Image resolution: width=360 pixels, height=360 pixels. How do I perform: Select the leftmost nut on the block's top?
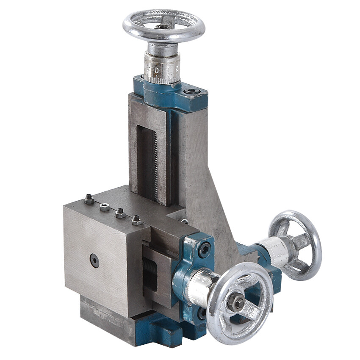(89, 199)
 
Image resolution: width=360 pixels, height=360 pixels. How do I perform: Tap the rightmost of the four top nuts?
(136, 219)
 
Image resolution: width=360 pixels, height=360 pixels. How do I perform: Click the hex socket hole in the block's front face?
(94, 260)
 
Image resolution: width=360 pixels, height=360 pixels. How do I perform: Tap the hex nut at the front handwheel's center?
(235, 302)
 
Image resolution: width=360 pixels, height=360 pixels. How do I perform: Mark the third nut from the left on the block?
(120, 213)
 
